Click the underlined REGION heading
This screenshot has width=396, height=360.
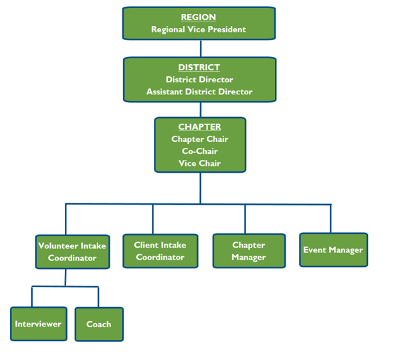(x=199, y=17)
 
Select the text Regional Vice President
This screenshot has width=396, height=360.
(x=199, y=29)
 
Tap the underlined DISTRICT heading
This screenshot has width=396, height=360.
(x=199, y=68)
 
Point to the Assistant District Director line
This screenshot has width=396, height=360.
(x=199, y=92)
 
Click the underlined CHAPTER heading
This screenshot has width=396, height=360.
(x=199, y=127)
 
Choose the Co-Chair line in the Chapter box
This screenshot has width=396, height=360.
(x=200, y=151)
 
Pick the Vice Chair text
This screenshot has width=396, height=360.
(x=199, y=163)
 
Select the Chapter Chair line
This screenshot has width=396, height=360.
(x=200, y=139)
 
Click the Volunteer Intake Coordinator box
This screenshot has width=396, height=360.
(x=72, y=252)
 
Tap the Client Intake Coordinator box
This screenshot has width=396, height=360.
(x=161, y=251)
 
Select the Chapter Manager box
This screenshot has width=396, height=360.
(x=249, y=251)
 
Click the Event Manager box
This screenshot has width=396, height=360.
(x=333, y=250)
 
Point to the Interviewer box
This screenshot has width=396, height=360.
(x=39, y=324)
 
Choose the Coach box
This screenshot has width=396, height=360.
(x=99, y=325)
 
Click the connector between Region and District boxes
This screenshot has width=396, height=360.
(x=201, y=48)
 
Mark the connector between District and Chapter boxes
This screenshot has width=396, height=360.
(x=201, y=110)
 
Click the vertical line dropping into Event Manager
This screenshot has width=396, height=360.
(x=330, y=219)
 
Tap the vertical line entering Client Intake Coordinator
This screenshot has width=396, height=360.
(x=153, y=219)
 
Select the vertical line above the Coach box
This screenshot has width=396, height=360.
(x=98, y=297)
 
